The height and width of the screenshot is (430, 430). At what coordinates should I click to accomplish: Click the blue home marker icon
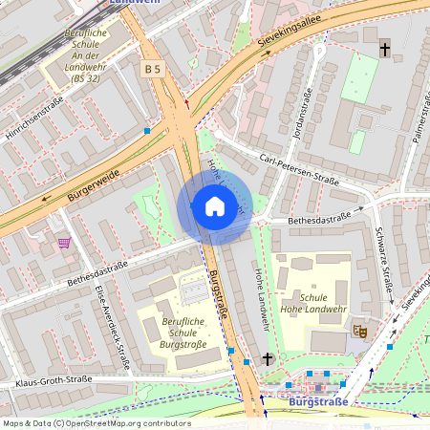(x=214, y=206)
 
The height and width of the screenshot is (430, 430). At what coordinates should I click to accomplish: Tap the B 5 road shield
(x=151, y=69)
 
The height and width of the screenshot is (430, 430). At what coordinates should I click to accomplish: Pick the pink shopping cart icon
(x=64, y=243)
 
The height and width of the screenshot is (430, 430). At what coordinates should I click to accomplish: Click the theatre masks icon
(x=360, y=331)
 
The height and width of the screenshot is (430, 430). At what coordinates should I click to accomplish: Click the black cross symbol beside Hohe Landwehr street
(x=268, y=359)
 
